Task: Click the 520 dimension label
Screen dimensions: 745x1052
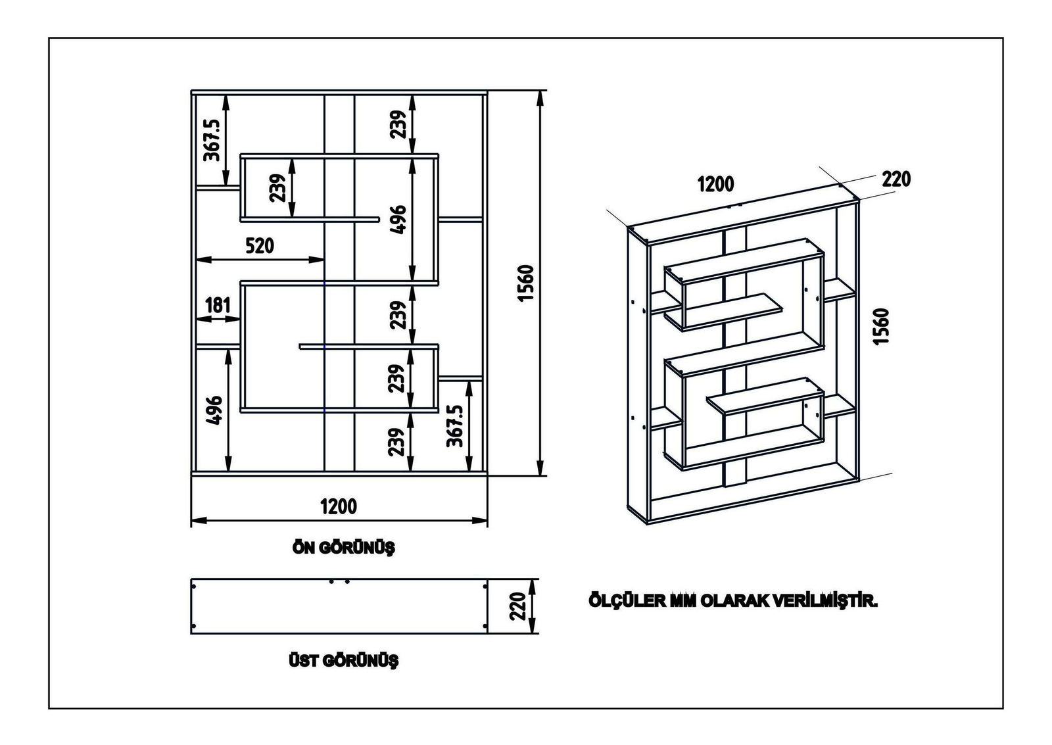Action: point(260,246)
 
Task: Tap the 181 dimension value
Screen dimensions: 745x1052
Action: point(218,305)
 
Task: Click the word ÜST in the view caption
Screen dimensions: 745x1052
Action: point(303,661)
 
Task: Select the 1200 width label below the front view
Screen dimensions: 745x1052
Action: point(339,506)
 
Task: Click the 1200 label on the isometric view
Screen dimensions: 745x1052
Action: point(715,183)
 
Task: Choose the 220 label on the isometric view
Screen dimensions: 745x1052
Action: point(896,179)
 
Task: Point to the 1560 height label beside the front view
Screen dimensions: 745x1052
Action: point(527,283)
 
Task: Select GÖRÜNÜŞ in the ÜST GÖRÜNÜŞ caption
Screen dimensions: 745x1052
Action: point(360,661)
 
